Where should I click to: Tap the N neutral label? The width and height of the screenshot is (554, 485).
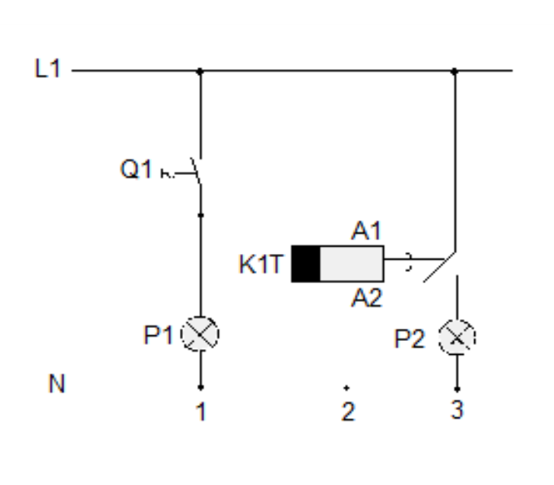point(56,384)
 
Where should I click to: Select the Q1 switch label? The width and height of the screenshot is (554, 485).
point(136,171)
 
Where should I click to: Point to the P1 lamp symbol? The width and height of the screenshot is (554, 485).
point(200,334)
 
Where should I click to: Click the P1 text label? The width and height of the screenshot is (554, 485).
point(159,334)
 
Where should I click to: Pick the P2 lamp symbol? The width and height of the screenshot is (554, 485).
point(456,336)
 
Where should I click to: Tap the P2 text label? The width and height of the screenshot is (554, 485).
point(412,339)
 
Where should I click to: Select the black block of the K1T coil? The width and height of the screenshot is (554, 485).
point(306,263)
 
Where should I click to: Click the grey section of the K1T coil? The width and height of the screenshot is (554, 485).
point(351,263)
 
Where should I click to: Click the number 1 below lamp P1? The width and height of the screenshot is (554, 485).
point(200,413)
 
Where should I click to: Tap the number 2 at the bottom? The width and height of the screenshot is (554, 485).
point(347,413)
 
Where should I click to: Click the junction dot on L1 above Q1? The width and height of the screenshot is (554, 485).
point(200,71)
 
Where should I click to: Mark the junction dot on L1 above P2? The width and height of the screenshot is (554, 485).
point(454,71)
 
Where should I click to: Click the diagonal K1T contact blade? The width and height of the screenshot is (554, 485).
point(437,267)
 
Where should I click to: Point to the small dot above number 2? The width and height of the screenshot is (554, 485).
point(347,388)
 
